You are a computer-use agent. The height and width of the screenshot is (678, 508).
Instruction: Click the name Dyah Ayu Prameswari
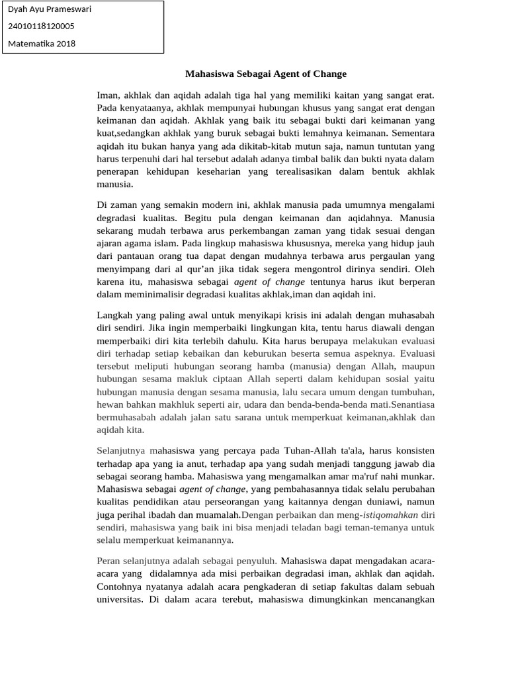pos(50,9)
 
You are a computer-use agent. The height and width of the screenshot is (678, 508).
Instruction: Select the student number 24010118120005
pos(41,26)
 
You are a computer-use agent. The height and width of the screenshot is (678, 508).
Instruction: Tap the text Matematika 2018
pos(42,44)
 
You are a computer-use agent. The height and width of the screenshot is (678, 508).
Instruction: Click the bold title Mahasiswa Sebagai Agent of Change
pos(265,74)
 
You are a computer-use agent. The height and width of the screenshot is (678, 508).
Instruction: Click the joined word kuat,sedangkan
pos(128,133)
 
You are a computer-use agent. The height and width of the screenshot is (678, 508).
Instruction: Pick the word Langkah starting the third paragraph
pos(114,315)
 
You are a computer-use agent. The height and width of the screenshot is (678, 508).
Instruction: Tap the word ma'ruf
pos(357,476)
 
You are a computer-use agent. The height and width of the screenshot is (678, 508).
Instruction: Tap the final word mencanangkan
pos(402,600)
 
